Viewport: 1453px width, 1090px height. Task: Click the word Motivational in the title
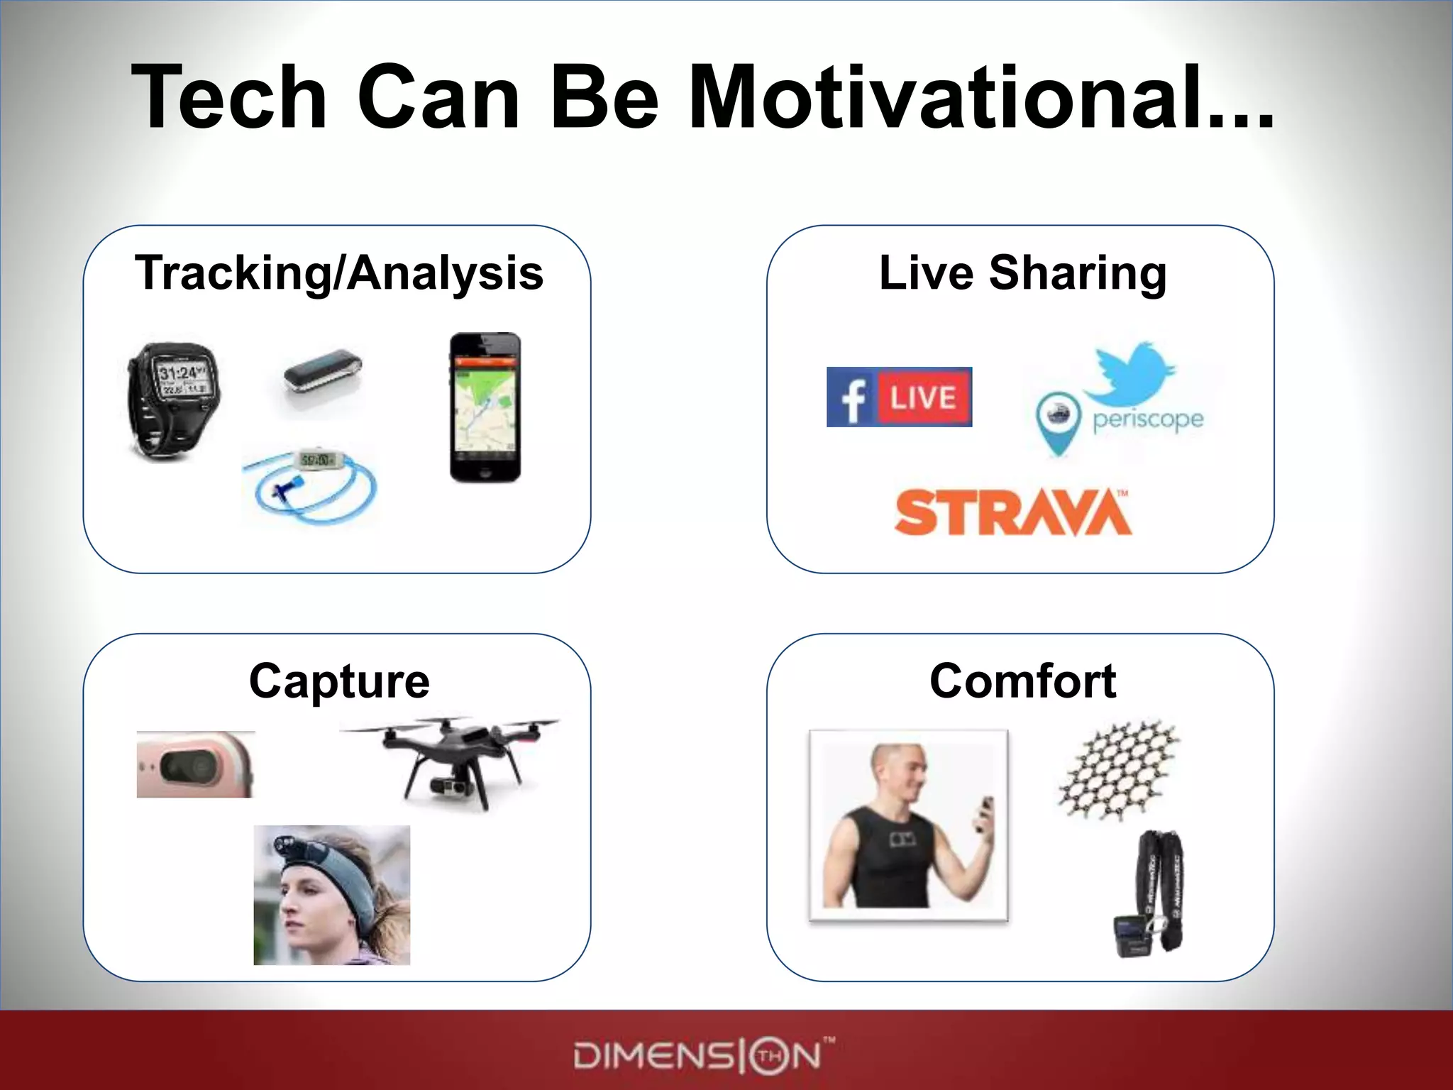979,97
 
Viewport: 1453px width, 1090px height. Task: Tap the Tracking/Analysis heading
338,273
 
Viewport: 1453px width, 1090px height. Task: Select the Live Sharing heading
1022,273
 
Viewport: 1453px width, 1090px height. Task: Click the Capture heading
339,681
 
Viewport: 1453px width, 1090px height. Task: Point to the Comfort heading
1022,681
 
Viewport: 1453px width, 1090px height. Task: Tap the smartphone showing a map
485,408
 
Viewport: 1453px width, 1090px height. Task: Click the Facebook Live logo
899,397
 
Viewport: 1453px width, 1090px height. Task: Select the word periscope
1148,419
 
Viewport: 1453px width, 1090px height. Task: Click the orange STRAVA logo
1012,512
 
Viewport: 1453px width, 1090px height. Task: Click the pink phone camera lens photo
195,765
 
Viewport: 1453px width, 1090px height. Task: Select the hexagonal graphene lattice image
1119,771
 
